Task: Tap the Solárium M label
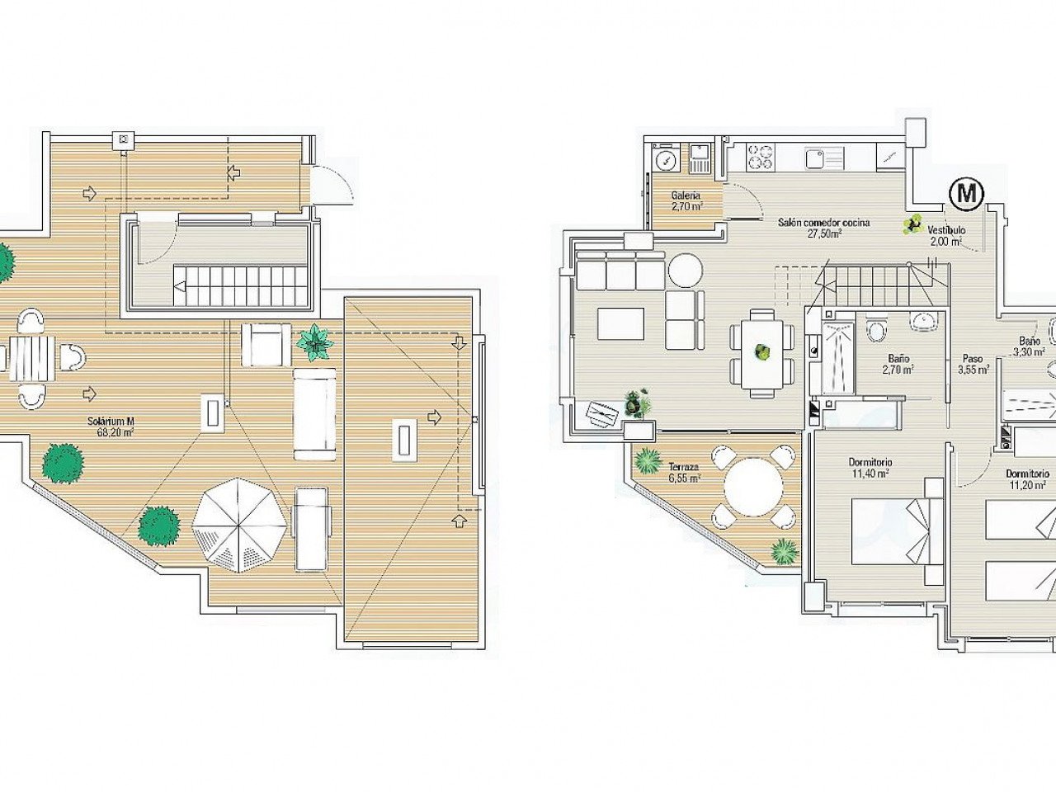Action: (x=111, y=426)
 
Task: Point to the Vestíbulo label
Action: (x=945, y=235)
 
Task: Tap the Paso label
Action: (x=972, y=365)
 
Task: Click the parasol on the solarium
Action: (x=239, y=524)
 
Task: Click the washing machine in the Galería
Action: (x=664, y=158)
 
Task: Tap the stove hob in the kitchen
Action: (x=759, y=158)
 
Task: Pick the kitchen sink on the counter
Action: (x=816, y=158)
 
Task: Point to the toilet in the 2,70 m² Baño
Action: (x=875, y=331)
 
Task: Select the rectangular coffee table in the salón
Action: (x=621, y=323)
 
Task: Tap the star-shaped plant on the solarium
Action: (x=315, y=341)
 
